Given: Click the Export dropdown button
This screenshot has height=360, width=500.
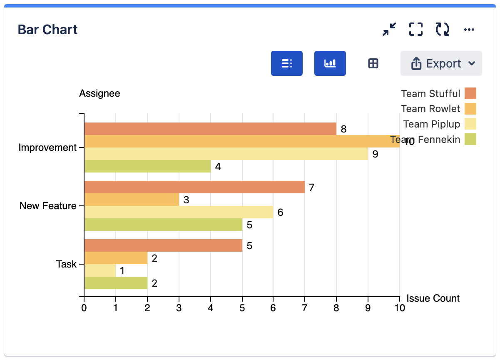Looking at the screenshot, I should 441,63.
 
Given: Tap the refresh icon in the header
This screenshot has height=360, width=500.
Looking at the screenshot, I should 442,29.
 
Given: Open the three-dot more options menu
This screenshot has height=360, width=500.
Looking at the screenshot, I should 469,30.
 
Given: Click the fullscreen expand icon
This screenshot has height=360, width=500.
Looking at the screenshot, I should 415,29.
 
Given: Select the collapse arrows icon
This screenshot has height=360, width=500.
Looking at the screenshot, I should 389,29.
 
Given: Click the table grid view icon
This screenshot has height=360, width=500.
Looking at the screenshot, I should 373,63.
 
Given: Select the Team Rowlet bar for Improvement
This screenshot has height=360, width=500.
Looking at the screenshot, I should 241,141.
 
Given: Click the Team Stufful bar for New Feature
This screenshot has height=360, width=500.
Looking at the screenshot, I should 194,187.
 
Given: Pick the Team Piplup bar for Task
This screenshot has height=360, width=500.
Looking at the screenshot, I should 100,270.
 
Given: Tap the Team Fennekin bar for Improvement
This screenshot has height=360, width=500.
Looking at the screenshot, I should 147,166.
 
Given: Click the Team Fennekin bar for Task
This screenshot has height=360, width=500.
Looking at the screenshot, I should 116,283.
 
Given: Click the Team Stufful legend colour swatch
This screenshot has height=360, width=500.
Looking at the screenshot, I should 470,93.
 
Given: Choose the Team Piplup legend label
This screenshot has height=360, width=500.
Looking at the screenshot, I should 431,124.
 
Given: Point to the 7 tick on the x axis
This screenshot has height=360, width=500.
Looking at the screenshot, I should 305,308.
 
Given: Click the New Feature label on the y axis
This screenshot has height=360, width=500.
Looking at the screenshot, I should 48,206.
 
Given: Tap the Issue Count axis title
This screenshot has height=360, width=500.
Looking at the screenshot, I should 433,298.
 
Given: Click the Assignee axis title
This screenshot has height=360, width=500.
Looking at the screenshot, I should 100,93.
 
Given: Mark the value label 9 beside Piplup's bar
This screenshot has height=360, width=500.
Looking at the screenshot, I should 375,154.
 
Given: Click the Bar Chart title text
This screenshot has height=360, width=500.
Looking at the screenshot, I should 47,30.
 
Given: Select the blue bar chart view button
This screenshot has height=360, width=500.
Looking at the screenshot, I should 330,63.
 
